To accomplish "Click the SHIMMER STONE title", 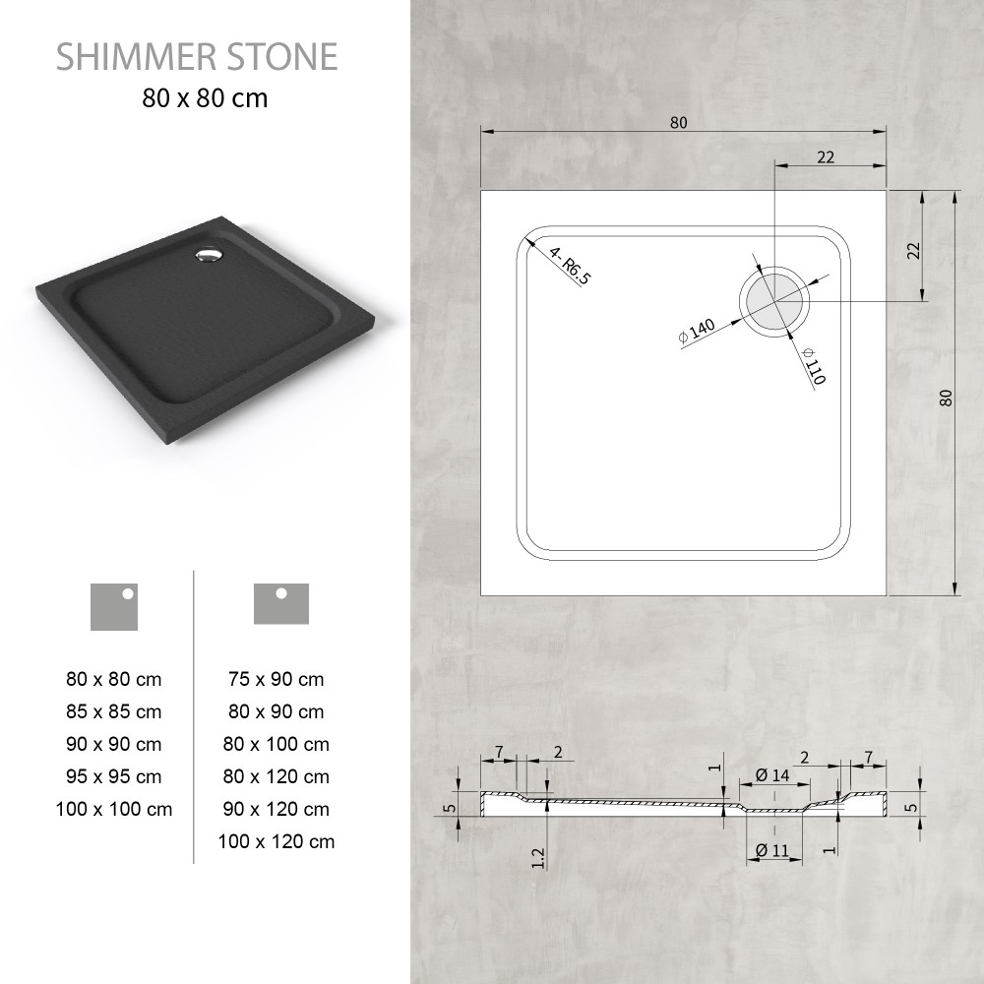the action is point(197,56).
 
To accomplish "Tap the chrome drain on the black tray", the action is point(209,256).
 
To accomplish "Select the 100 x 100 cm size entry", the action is point(113,809).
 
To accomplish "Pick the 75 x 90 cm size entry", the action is point(277,679).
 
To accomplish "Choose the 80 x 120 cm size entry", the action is point(277,776).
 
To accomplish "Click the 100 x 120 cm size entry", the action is point(277,841).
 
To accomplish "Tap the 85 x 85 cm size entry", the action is point(113,711).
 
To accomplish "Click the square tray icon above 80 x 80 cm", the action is point(113,607).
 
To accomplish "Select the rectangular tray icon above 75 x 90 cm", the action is point(281,604).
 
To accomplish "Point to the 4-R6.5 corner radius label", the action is point(570,266).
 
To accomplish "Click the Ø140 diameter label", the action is point(697,331).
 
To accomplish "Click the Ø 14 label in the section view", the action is point(772,775).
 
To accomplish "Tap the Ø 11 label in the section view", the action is point(772,850).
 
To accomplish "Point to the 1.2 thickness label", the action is point(538,858).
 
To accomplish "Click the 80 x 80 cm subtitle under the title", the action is point(205,98).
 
